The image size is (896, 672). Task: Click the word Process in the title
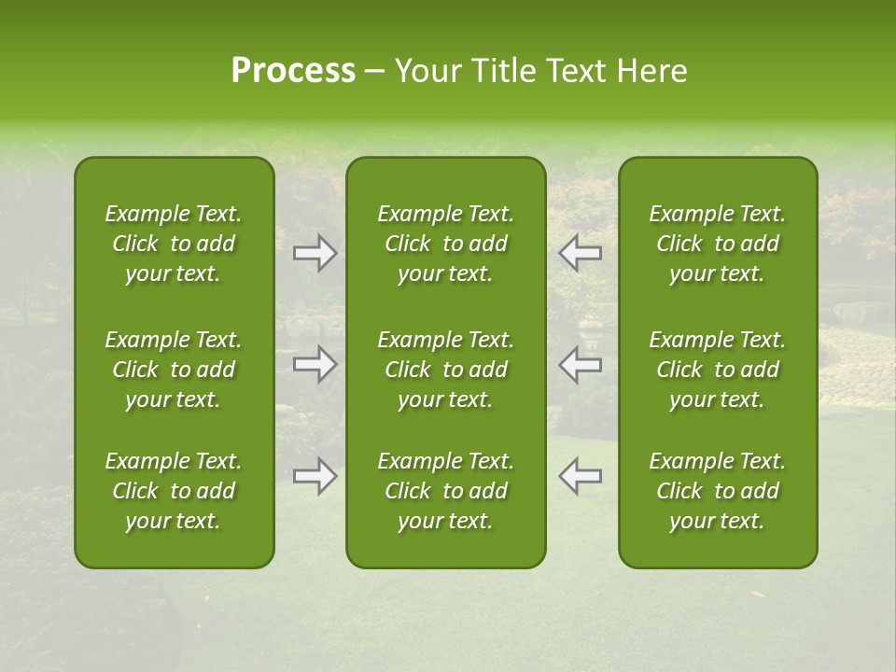tap(293, 71)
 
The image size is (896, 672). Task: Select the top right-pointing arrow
tap(315, 253)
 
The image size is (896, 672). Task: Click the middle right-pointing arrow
tap(315, 365)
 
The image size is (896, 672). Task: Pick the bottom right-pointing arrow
tap(315, 476)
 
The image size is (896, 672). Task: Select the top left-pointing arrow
tap(581, 253)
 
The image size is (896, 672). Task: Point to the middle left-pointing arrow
tap(581, 365)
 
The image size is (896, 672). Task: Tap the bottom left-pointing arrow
tap(581, 476)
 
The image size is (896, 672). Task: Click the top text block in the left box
tap(174, 244)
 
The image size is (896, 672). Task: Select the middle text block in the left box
tap(174, 370)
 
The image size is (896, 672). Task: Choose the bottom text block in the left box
tap(174, 491)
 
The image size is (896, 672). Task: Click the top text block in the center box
tap(445, 244)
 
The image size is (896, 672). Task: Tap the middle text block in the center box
tap(445, 370)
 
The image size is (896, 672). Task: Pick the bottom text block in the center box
tap(445, 491)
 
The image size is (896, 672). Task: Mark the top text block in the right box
tap(717, 244)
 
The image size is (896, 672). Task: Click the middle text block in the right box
tap(717, 370)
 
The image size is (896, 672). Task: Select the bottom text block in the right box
tap(717, 491)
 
